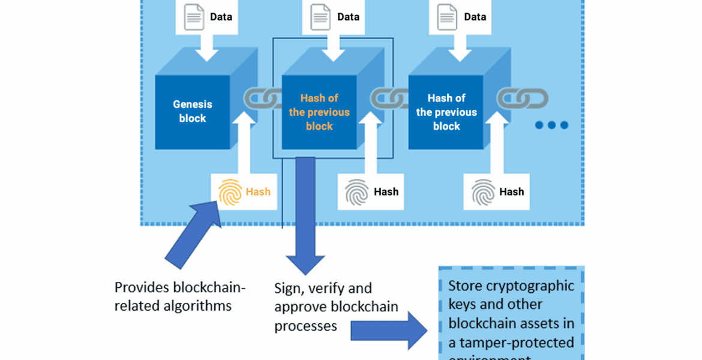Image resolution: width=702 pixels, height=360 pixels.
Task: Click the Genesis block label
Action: point(193,112)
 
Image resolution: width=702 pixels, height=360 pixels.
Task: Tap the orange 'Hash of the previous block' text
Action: point(319,112)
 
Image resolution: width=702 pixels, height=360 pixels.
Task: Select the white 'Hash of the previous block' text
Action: point(446,112)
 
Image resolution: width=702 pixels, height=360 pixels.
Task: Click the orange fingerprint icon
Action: point(230,192)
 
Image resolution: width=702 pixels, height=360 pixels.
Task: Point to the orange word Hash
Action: point(258,192)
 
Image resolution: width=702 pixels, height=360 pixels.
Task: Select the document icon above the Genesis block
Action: point(194,17)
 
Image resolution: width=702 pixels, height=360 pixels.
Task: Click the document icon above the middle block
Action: point(321,17)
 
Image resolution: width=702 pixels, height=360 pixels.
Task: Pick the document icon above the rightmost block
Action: point(448,17)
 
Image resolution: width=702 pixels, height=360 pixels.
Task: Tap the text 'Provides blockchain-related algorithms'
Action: point(180,296)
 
